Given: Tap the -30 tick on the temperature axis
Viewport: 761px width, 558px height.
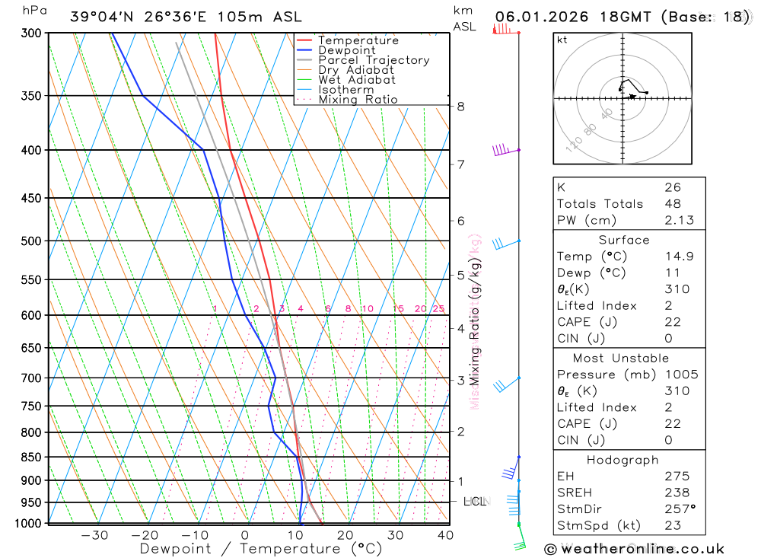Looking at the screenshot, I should pos(94,535).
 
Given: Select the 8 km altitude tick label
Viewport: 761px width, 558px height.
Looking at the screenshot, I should pos(460,107).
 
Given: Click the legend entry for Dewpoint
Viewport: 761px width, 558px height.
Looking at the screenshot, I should pos(347,50).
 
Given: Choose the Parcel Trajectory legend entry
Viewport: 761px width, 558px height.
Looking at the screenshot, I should pos(374,60).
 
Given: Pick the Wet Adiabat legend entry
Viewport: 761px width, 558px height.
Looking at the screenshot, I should pos(357,80).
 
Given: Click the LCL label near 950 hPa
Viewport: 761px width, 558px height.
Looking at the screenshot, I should pos(475,501).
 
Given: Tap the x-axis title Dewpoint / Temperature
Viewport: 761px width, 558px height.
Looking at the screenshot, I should pos(260,548).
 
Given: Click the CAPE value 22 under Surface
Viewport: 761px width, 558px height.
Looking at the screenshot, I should pos(673,322).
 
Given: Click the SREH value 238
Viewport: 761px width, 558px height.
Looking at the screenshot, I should pos(676,493).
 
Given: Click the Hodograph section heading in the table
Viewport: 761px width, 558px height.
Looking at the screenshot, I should pos(623,460).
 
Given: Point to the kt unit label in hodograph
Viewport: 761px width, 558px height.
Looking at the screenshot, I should pos(562,40).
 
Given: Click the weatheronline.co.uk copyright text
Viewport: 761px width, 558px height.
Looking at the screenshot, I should pos(634,548).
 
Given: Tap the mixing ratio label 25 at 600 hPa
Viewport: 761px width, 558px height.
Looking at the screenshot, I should pos(438,308).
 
